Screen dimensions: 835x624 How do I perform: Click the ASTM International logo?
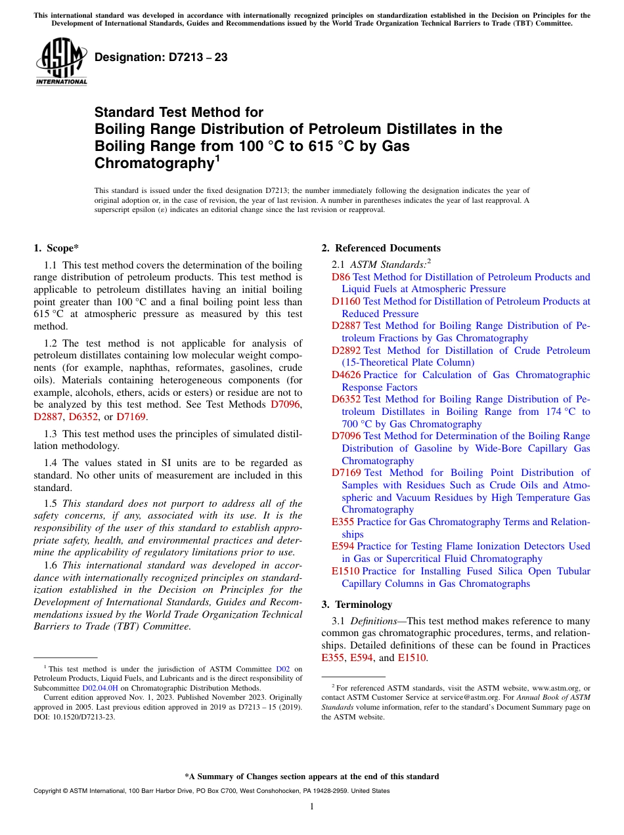(x=61, y=62)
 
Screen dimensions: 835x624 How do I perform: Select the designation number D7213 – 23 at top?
(x=161, y=58)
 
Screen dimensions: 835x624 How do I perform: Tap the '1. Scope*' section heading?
(x=56, y=248)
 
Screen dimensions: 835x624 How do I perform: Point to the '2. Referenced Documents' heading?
(x=381, y=248)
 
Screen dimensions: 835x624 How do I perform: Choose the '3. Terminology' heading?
(x=357, y=605)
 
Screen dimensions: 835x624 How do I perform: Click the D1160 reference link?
(x=346, y=301)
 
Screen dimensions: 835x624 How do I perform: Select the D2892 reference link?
(x=346, y=351)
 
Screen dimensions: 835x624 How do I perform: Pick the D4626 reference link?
(x=346, y=375)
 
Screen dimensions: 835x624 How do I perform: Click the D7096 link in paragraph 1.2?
(x=286, y=404)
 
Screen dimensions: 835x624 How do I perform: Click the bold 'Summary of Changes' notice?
(x=311, y=777)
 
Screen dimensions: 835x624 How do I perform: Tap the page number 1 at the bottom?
(x=312, y=807)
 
